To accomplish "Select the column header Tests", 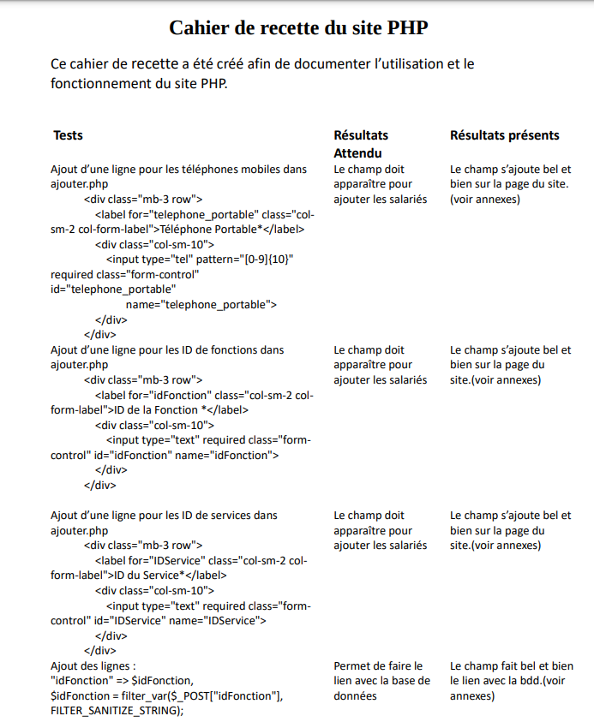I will click(x=68, y=135).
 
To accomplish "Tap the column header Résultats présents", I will click(x=504, y=135).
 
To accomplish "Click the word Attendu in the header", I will click(x=357, y=153).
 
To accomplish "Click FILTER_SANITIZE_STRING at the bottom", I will click(x=117, y=711).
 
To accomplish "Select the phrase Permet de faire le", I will click(x=378, y=665).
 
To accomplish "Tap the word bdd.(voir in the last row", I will click(x=539, y=681).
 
